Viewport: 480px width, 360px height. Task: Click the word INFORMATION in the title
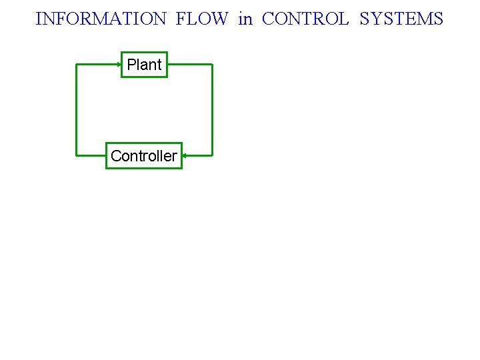(x=101, y=19)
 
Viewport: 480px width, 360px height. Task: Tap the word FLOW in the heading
(x=201, y=19)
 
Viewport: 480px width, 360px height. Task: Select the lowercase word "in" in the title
(x=245, y=19)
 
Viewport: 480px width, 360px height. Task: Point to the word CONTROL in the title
(x=305, y=19)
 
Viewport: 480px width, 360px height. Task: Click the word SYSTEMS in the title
(x=401, y=19)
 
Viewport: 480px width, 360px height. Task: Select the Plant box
(x=144, y=65)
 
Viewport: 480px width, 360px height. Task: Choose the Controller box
(x=143, y=156)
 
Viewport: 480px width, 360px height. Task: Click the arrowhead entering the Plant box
(x=119, y=65)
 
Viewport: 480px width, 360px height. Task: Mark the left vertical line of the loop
(x=77, y=110)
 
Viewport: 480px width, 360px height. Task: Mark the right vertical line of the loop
(x=212, y=110)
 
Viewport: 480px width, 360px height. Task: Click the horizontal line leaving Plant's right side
(x=190, y=65)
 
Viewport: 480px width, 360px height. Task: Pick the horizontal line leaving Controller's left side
(x=91, y=156)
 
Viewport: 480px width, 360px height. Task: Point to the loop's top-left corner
(x=77, y=65)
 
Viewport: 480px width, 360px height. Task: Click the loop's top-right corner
(x=212, y=65)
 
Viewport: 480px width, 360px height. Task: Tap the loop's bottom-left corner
(x=77, y=156)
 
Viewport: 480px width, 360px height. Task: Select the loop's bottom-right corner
(x=212, y=156)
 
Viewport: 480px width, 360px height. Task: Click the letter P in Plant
(x=131, y=65)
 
